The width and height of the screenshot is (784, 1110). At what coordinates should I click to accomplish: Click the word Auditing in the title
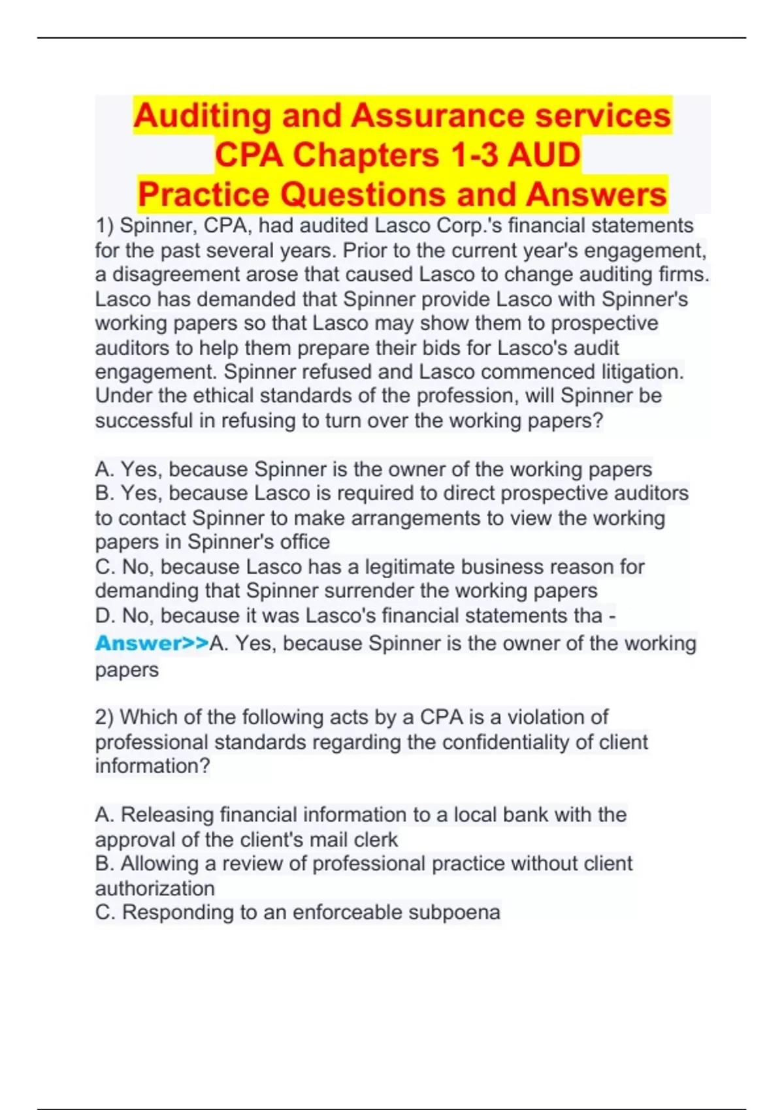coord(202,116)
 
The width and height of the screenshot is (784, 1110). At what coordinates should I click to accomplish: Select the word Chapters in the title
coord(365,155)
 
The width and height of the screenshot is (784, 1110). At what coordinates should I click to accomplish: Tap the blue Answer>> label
coord(152,643)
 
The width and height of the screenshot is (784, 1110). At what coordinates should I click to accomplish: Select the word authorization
coord(155,889)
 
